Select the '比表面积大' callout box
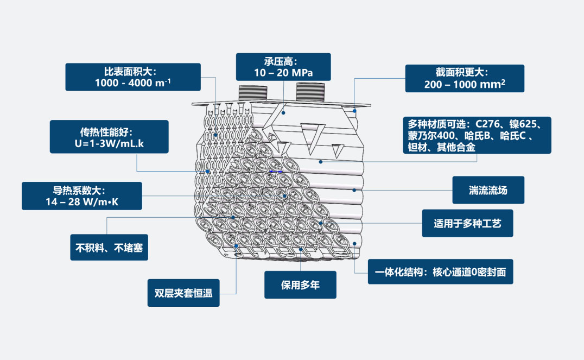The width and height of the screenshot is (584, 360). click(x=133, y=77)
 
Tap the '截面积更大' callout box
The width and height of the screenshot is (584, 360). click(x=465, y=78)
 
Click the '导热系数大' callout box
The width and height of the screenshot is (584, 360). click(x=82, y=196)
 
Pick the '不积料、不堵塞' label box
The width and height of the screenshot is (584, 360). click(x=109, y=248)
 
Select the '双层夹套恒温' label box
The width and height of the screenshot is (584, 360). click(x=183, y=293)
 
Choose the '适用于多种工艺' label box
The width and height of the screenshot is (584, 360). click(x=467, y=223)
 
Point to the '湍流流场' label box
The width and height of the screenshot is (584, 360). click(x=488, y=190)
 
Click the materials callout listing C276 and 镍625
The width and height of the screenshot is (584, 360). click(x=477, y=135)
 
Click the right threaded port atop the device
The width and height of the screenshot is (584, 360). click(x=310, y=92)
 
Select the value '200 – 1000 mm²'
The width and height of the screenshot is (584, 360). click(x=465, y=84)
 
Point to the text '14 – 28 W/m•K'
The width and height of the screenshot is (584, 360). click(x=82, y=203)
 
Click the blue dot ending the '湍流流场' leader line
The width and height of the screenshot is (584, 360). click(x=354, y=190)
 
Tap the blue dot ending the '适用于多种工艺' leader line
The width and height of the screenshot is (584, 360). click(x=321, y=223)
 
